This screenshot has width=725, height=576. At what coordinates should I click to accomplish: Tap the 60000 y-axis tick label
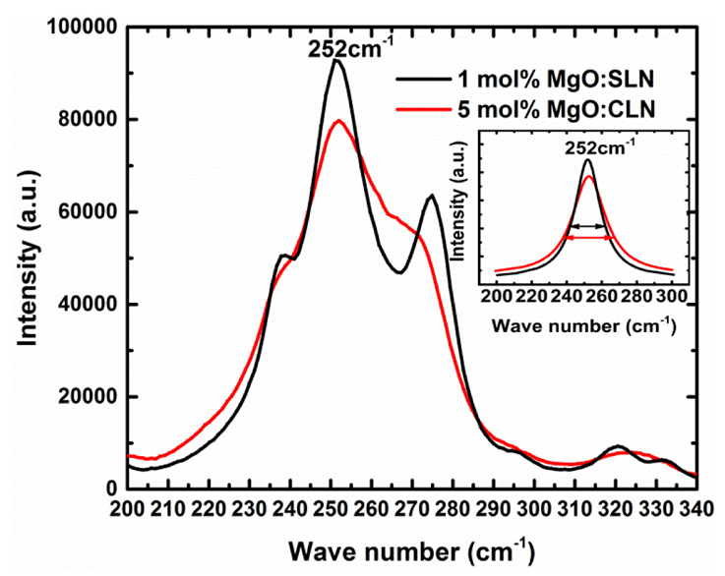tap(90, 212)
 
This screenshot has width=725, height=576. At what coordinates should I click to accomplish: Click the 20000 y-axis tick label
tap(90, 397)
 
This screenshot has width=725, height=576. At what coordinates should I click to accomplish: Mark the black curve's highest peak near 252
tap(336, 61)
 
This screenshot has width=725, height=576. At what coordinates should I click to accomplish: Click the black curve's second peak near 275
tap(431, 196)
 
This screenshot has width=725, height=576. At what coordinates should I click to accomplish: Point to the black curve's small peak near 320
tap(618, 446)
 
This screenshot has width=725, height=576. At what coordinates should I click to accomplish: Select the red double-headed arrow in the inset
tap(589, 238)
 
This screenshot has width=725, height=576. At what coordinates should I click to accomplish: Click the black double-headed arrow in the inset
tap(589, 227)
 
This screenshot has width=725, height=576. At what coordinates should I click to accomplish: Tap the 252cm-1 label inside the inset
tap(599, 148)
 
